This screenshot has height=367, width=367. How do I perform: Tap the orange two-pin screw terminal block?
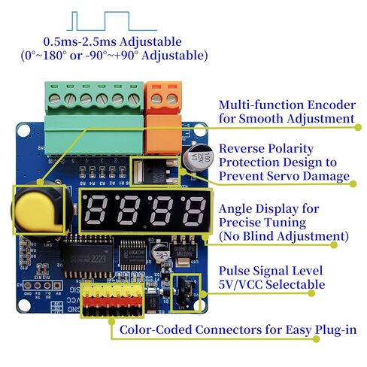coord(163,118)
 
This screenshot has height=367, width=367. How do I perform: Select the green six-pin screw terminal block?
coord(94,118)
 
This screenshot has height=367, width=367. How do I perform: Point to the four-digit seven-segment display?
coord(145,211)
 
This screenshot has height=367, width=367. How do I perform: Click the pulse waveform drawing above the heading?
coord(112,21)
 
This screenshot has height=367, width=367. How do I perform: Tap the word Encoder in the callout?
coord(332,105)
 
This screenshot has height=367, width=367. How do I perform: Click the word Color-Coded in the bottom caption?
coord(156,329)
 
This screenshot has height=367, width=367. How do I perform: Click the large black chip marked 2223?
coord(88,257)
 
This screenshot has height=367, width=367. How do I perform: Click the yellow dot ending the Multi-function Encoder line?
coord(358,127)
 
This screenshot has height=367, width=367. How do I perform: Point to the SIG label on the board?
coord(74,290)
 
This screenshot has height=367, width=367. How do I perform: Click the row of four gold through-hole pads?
coord(42,285)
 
